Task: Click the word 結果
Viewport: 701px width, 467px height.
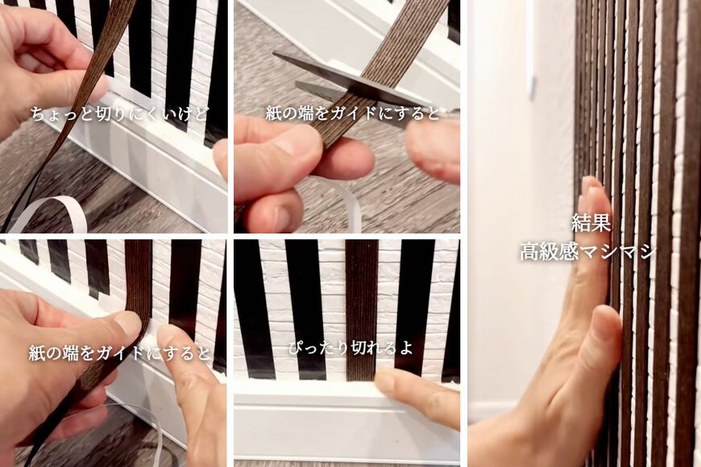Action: (587, 222)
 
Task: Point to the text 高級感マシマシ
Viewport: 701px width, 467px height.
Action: (587, 251)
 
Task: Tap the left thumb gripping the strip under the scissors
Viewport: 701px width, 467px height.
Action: (282, 149)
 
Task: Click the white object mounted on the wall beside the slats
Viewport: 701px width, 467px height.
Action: (531, 48)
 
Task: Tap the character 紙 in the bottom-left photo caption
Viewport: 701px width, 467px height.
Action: (36, 353)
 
